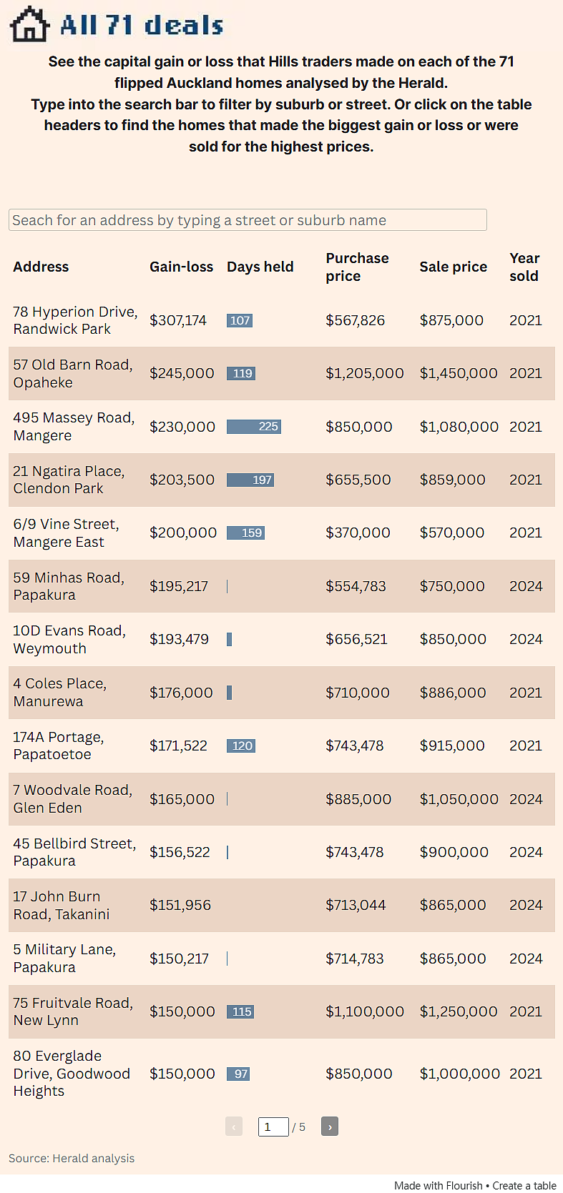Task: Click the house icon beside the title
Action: [30, 24]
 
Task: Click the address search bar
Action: [248, 220]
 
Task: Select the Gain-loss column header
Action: [181, 267]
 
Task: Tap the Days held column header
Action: [260, 267]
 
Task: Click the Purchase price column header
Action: [357, 267]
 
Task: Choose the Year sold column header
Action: [524, 267]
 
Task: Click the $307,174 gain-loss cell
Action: [178, 320]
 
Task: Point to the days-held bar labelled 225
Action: [254, 427]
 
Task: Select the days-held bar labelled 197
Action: [250, 480]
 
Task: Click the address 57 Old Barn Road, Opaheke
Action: [73, 373]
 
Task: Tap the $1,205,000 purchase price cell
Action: [365, 373]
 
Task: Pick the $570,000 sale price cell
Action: [452, 533]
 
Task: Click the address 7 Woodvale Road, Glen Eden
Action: [73, 799]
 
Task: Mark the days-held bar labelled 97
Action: [238, 1074]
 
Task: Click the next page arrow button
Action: [330, 1127]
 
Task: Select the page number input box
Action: [273, 1127]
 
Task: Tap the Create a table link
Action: [524, 1186]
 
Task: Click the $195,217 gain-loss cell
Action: [179, 586]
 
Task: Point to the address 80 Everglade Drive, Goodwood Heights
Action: [72, 1073]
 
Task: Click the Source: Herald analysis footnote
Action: [72, 1159]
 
